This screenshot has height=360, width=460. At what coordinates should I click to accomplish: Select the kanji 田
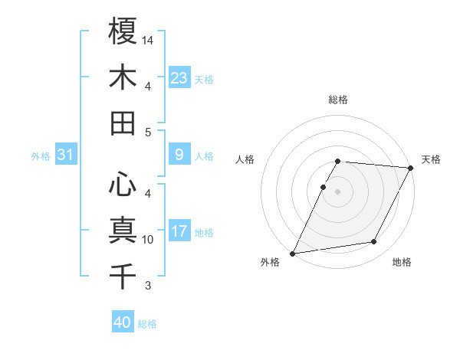123,123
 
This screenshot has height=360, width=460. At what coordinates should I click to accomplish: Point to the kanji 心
123,184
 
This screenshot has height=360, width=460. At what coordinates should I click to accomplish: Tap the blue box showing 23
179,77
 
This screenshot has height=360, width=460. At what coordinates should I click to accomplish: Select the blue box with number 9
179,155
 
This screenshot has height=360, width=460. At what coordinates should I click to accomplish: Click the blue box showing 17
179,232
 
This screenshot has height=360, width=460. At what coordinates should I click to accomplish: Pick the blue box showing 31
66,155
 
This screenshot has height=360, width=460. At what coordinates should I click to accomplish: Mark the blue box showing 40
123,322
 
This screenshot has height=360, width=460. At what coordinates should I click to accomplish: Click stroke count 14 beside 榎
149,39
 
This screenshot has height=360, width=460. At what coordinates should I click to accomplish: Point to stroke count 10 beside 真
149,240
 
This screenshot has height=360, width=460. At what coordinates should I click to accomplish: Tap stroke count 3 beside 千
148,286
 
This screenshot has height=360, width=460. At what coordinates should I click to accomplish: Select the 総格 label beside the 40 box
147,324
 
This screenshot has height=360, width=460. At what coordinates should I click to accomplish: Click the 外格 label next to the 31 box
41,156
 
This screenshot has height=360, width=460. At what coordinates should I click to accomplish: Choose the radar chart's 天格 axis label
431,159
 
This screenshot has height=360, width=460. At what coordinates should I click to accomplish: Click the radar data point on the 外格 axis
293,253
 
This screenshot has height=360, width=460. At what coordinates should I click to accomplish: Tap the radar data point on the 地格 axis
374,242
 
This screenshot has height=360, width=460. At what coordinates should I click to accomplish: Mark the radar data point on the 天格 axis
412,168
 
